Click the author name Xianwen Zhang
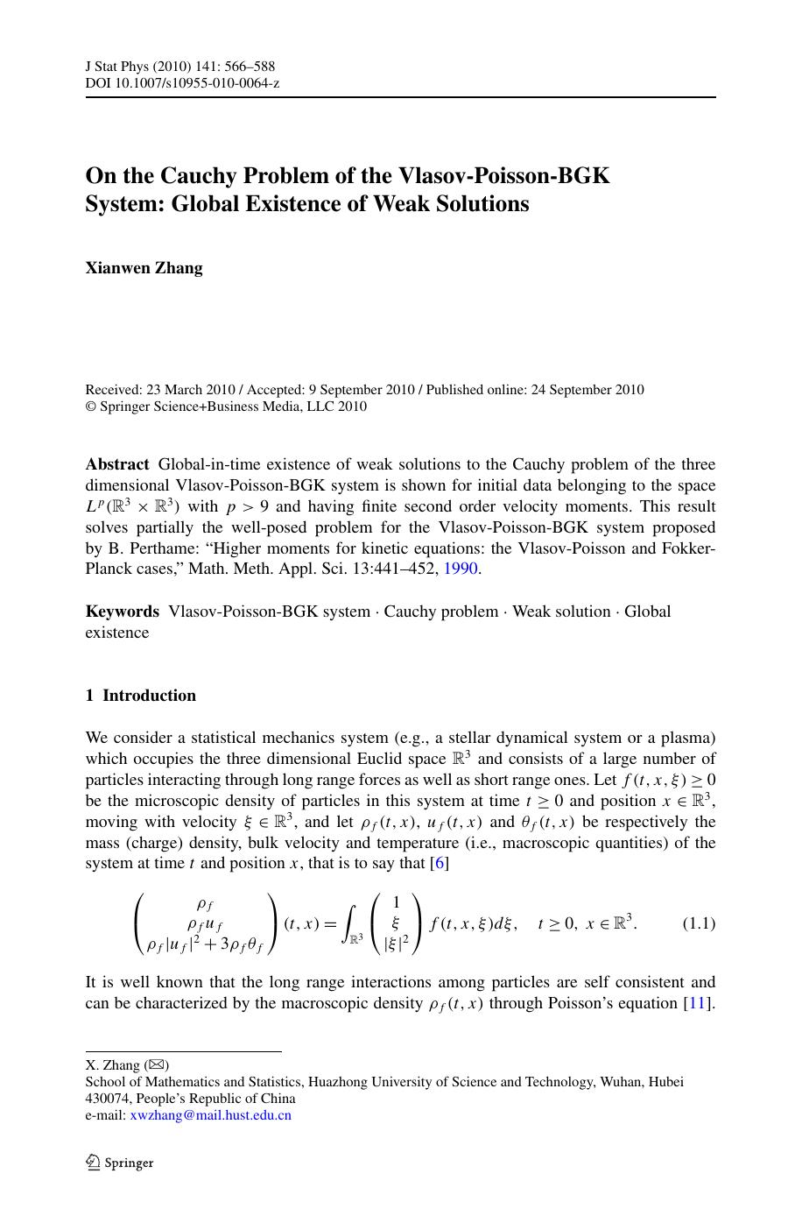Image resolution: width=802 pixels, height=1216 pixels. pos(144,268)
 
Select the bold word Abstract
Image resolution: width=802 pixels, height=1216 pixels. pos(117,464)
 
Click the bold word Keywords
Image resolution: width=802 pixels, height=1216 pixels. pos(123,612)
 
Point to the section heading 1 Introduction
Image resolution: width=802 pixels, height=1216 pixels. pos(141,696)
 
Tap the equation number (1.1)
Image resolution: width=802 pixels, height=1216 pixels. pos(699,923)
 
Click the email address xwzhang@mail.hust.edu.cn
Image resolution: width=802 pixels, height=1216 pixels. pos(210,1115)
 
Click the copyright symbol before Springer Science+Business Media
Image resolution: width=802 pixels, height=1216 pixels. pos(90,407)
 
